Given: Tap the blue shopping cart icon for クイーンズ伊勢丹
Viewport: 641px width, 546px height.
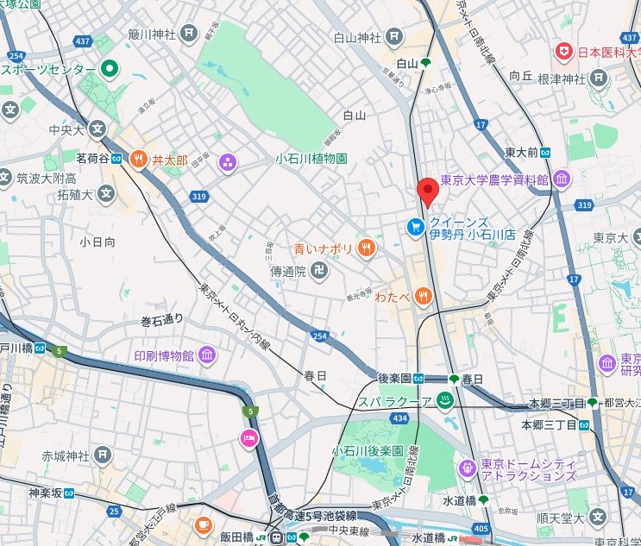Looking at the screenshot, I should (x=415, y=226).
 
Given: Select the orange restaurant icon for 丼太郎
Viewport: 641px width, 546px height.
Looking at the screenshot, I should (x=138, y=159).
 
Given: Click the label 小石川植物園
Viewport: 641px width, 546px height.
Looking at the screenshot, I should (x=311, y=159).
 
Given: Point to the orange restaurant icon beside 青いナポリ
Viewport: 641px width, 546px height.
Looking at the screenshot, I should (x=366, y=248).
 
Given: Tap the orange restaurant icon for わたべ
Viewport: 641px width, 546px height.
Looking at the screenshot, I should (x=423, y=297).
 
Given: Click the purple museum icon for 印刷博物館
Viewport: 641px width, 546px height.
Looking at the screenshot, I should (x=206, y=355).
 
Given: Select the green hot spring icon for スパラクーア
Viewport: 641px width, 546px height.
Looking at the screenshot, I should (x=445, y=401).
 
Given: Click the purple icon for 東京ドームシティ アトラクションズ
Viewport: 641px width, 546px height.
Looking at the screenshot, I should (x=467, y=468).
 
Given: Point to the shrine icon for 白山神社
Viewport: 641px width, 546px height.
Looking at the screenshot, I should (x=394, y=36).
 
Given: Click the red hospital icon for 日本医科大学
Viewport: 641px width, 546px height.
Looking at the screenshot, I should (x=565, y=53).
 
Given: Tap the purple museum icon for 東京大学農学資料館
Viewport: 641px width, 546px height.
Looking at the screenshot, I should (x=562, y=179).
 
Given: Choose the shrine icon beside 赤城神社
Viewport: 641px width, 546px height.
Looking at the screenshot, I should (x=103, y=455).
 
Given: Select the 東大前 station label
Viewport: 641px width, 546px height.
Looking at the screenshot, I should (x=522, y=152).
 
